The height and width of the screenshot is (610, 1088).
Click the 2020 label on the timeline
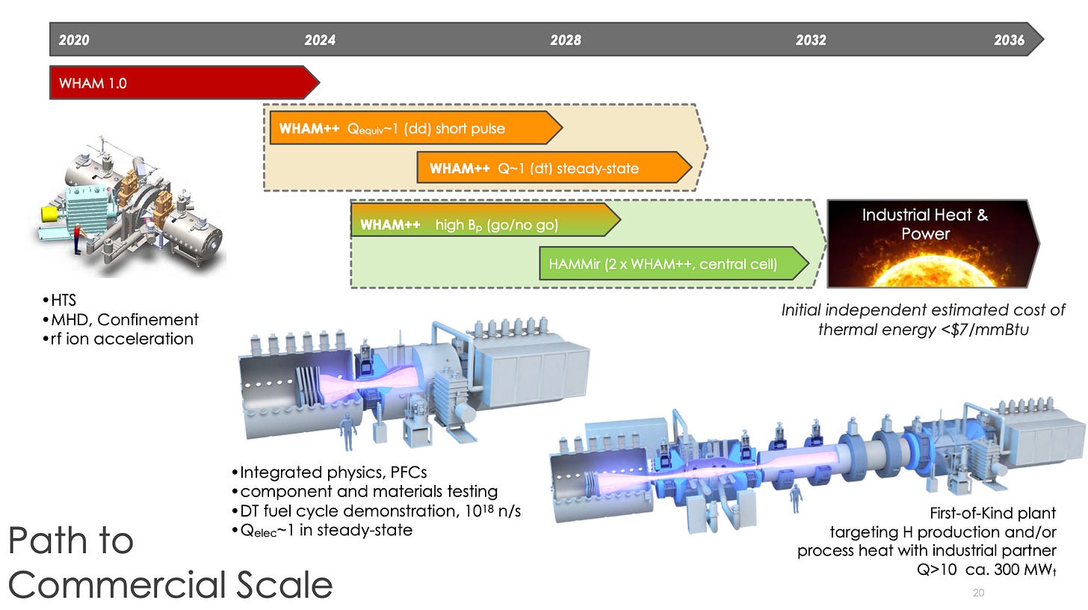[73, 40]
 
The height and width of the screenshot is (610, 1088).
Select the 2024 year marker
[320, 40]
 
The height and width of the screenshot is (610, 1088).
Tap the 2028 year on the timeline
[566, 40]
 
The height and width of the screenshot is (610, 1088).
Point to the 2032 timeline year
[811, 40]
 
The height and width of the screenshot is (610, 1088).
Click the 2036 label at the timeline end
[1009, 40]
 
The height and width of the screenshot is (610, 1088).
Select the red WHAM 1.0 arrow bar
[179, 82]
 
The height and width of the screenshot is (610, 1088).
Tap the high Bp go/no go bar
[482, 224]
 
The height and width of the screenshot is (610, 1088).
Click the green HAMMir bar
[673, 264]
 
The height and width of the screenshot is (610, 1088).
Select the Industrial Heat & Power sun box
[930, 243]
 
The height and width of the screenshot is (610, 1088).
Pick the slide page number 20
[978, 593]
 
